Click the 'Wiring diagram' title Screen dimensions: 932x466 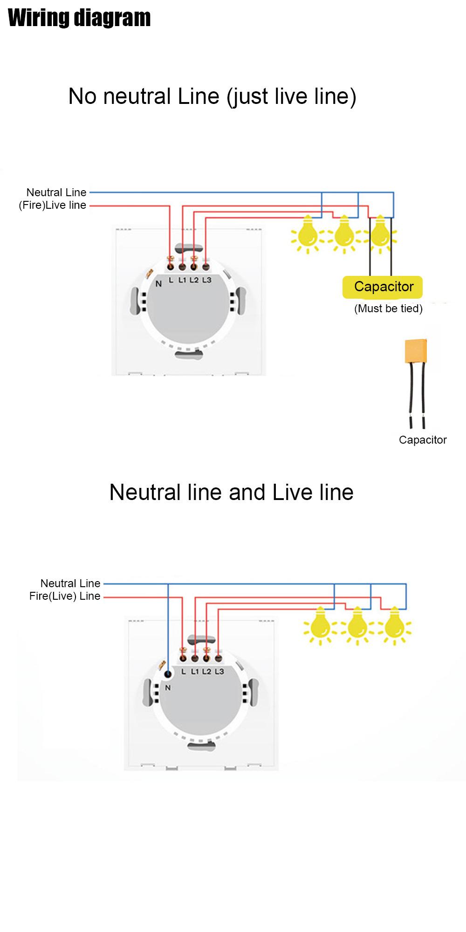[x=79, y=18]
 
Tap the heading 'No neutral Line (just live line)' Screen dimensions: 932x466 [x=212, y=96]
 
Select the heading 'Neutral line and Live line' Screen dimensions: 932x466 [x=231, y=492]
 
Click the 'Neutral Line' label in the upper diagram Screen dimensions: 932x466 [x=56, y=192]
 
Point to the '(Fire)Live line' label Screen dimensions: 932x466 [x=52, y=205]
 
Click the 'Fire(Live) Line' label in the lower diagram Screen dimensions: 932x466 [x=65, y=596]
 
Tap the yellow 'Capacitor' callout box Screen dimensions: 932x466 [x=383, y=287]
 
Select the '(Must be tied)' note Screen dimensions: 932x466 [x=388, y=308]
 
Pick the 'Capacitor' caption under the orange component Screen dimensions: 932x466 [x=423, y=440]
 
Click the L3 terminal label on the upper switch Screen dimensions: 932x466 [x=207, y=280]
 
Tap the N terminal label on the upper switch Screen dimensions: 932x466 [x=158, y=283]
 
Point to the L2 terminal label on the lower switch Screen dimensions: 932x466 [x=207, y=672]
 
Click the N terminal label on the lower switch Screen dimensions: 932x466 [x=168, y=687]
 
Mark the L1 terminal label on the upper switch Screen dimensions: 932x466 [x=182, y=280]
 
